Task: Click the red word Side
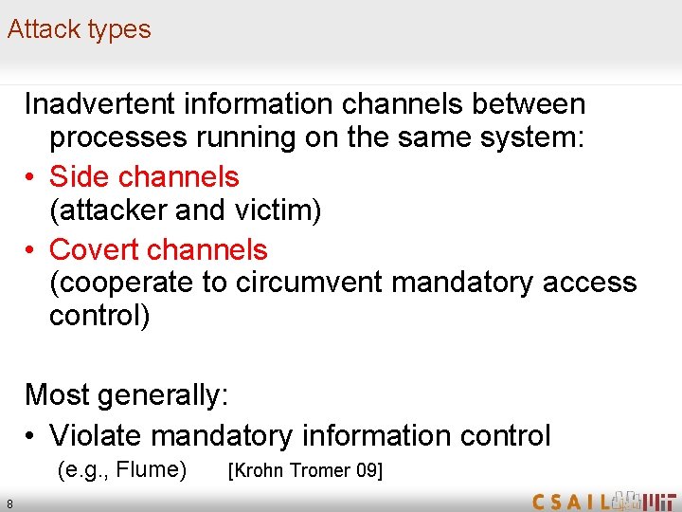tap(75, 176)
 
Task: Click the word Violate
tap(96, 435)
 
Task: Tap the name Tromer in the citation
tap(319, 470)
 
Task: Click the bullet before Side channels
tap(31, 177)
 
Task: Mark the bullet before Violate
tap(31, 436)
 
